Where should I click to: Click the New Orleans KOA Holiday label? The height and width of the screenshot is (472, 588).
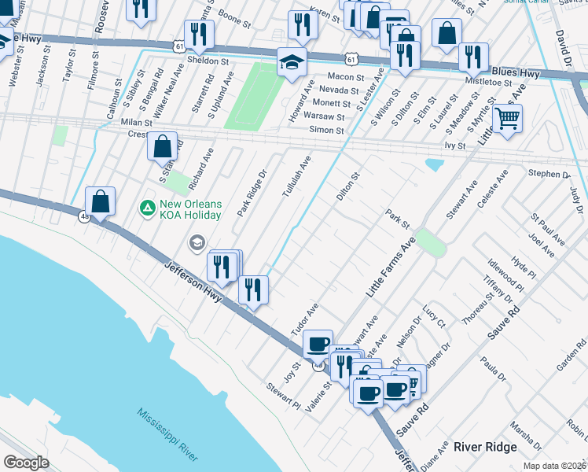pos(191,208)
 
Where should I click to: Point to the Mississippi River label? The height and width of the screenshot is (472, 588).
pos(167,435)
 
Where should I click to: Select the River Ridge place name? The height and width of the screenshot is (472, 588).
pos(485,447)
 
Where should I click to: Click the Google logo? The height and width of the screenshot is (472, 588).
pos(26,463)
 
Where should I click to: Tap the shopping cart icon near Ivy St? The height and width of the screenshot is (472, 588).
pos(508,119)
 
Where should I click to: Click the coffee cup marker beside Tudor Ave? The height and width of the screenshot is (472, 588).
pos(318,344)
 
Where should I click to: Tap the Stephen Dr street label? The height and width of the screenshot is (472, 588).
pos(549,174)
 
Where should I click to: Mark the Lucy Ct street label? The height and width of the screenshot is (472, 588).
pos(435,317)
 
